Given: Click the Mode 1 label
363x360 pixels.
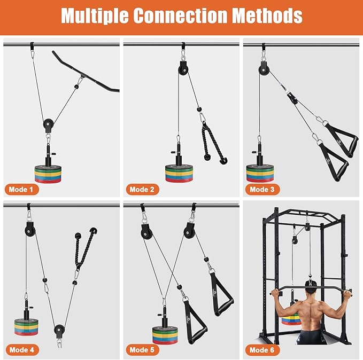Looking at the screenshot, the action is coord(22,190).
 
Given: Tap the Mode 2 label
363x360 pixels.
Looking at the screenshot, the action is coord(142,190).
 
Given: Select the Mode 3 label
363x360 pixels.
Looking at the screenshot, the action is coord(262,190).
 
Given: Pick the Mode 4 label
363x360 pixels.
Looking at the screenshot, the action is coord(22,350).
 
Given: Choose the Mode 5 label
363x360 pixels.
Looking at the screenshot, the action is coord(142,350).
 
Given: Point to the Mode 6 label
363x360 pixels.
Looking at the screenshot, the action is coord(262,350).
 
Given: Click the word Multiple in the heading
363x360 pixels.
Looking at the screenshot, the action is coord(95,15).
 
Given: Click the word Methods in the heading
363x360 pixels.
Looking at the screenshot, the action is coord(267,15).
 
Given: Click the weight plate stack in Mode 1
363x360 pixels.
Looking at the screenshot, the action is coord(48,174).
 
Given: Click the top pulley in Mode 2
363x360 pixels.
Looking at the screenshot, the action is coord(183,69).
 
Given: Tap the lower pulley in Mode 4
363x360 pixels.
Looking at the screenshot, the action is coord(59,330).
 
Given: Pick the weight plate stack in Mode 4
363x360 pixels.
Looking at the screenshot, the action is coord(26,327).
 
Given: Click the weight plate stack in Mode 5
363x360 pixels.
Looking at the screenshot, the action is coord(165,335).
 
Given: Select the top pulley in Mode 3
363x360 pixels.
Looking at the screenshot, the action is coord(264,69).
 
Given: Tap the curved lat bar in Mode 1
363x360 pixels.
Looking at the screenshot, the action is coord(85,72).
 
